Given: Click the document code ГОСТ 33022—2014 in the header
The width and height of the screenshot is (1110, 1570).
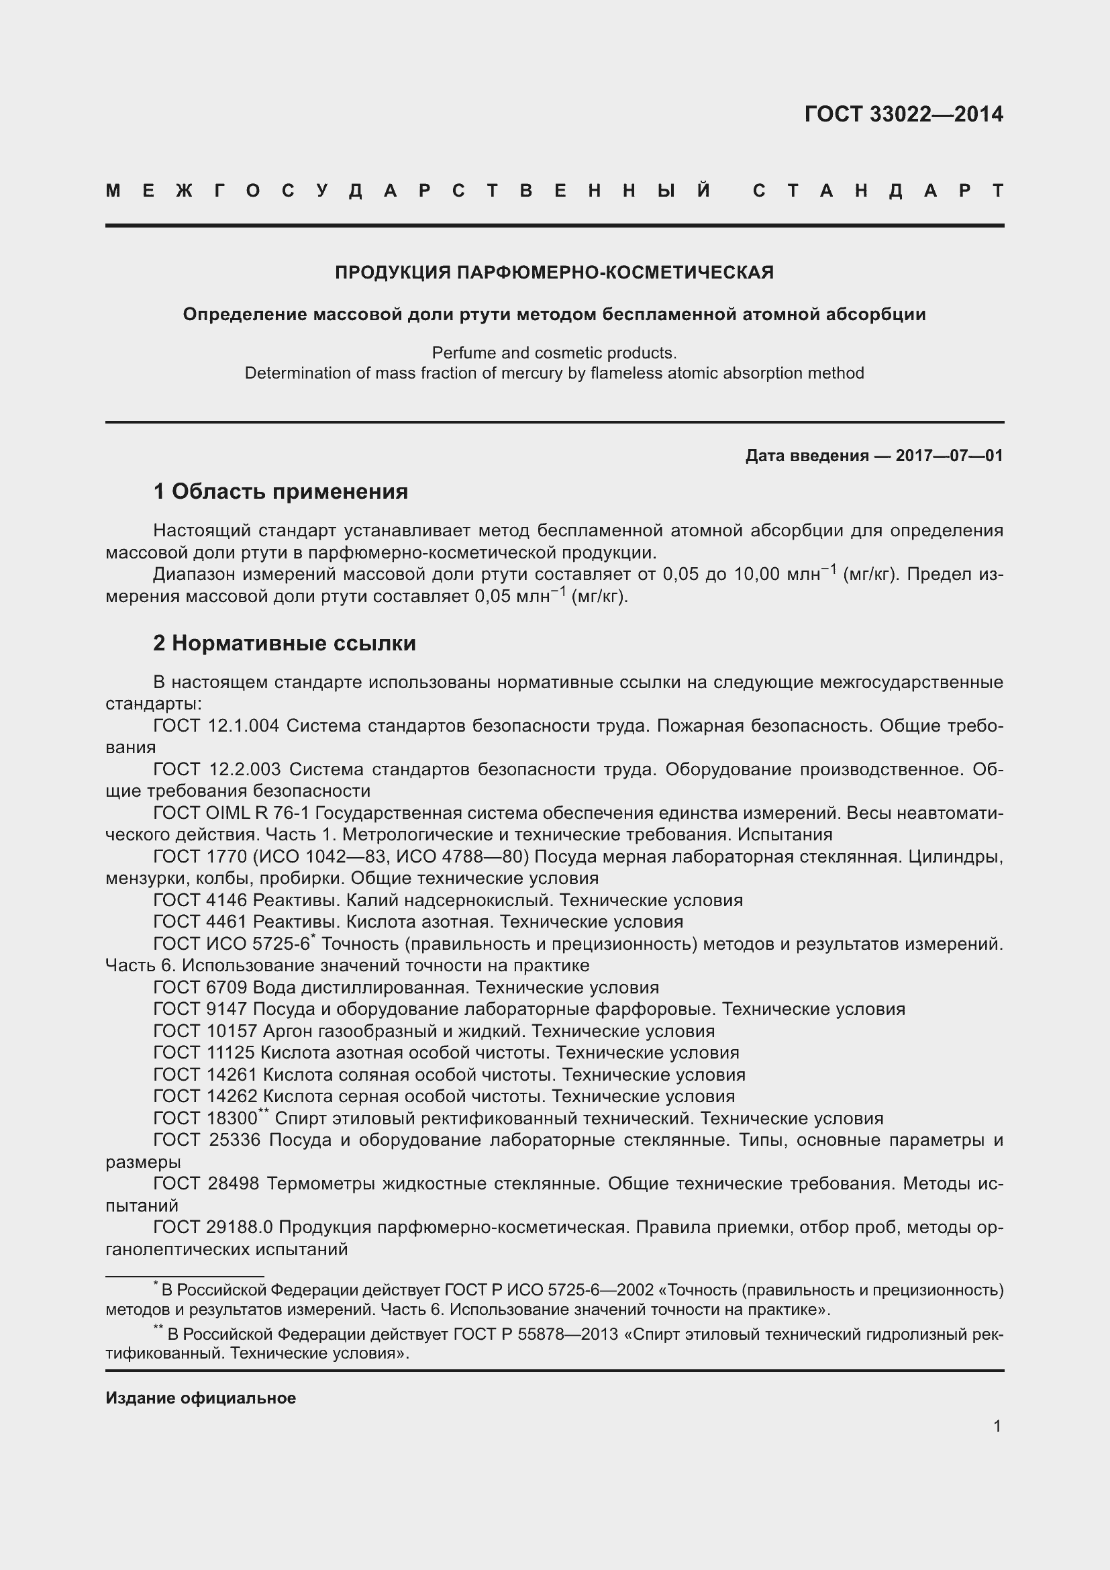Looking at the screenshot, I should point(903,114).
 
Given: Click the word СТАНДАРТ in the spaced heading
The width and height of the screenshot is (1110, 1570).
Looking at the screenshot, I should point(878,191).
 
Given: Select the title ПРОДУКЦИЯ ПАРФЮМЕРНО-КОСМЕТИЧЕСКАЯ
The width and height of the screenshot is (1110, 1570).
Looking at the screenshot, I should point(554,273).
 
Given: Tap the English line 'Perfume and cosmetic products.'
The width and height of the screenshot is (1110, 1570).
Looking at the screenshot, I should point(554,353).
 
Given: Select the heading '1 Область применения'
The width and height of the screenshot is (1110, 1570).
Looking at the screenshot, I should point(281,491).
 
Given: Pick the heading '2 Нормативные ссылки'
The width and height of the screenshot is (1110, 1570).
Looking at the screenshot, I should point(285,643).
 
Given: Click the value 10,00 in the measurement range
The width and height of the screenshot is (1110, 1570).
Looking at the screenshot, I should point(756,575).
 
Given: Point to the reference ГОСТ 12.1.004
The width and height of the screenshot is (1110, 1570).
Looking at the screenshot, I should point(216,726).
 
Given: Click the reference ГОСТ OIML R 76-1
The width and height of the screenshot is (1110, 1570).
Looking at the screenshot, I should point(232,813).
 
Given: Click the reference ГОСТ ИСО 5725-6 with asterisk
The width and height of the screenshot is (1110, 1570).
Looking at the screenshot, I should point(232,944).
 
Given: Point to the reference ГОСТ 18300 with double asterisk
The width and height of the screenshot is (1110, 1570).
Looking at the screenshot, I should point(209,1119).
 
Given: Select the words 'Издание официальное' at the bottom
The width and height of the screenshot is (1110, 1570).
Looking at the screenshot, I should point(200,1397).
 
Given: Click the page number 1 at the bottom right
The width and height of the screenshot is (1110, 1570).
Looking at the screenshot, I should point(997,1426).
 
